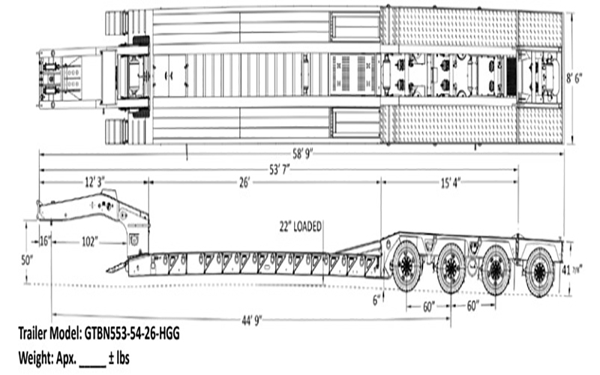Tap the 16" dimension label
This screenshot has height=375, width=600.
click(x=45, y=241)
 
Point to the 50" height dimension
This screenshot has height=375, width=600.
click(x=28, y=259)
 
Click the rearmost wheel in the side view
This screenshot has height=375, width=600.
click(x=539, y=273)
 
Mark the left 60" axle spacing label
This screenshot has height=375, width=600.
click(x=430, y=307)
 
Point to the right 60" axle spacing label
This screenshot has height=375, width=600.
click(x=472, y=307)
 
